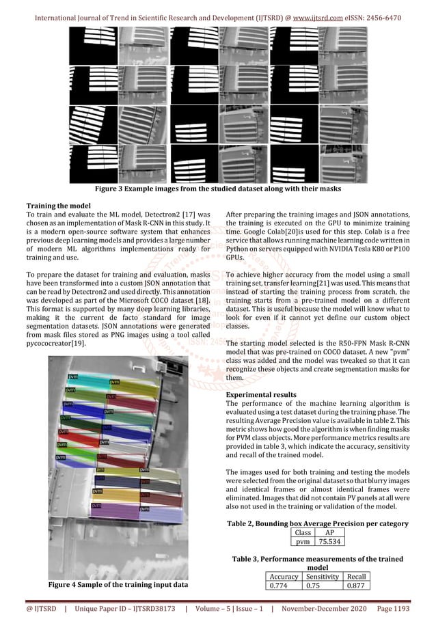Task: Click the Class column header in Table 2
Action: click(303, 532)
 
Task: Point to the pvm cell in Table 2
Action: click(303, 542)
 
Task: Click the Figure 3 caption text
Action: click(218, 188)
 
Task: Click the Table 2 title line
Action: click(317, 523)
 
